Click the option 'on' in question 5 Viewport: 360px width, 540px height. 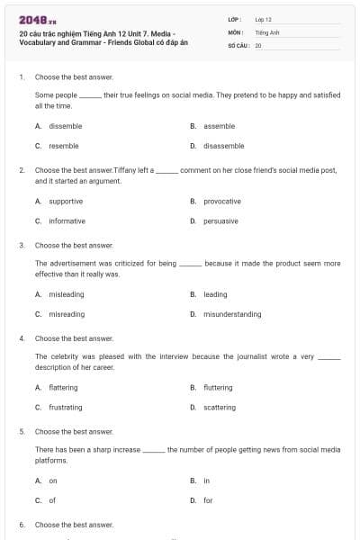(x=53, y=481)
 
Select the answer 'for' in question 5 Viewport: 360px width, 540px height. (x=208, y=499)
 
